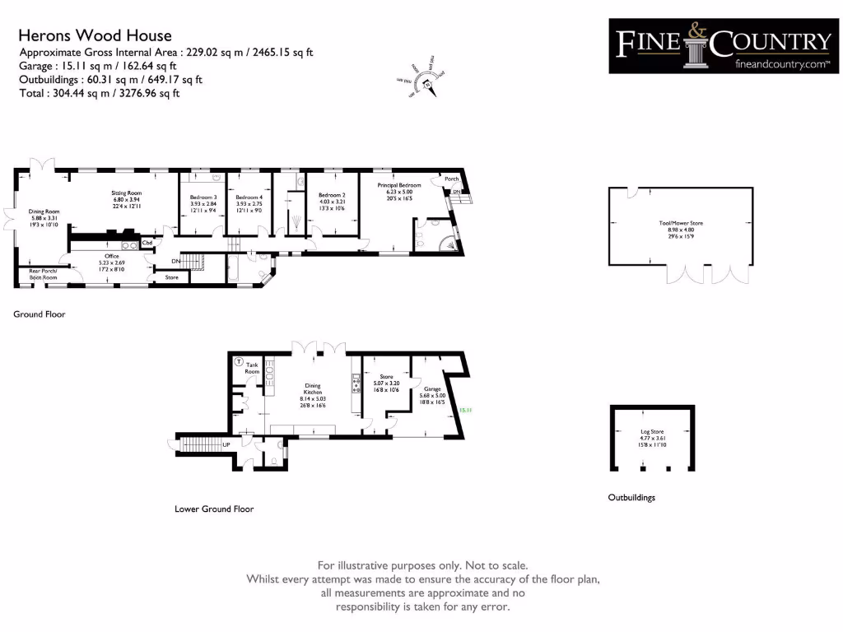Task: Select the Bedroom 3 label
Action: coord(203,197)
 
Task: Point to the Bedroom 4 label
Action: coord(249,197)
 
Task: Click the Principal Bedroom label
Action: coord(399,186)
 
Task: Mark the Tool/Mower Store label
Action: coord(681,223)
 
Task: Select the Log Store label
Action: coord(651,430)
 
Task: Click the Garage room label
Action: coord(432,389)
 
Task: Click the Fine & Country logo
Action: coord(724,46)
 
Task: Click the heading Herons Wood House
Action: coord(95,35)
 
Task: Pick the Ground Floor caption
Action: coord(39,314)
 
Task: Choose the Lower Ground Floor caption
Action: coord(214,509)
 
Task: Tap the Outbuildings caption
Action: coord(631,498)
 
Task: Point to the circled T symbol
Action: coord(239,361)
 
